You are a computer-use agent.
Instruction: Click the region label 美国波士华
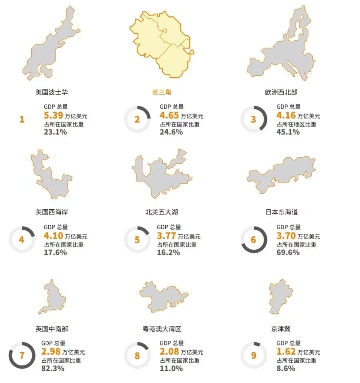click(52, 92)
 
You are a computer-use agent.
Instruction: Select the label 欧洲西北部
click(281, 92)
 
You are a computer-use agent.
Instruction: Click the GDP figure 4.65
click(169, 116)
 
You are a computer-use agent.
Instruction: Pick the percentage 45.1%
click(288, 132)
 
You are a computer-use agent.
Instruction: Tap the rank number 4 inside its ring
click(22, 240)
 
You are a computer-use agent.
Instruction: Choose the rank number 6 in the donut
click(253, 240)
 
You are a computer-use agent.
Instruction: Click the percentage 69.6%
click(288, 253)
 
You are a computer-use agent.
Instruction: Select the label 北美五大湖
click(162, 212)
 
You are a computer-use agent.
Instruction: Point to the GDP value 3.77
click(166, 236)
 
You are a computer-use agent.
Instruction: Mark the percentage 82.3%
click(53, 369)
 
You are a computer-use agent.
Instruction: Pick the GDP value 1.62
click(286, 352)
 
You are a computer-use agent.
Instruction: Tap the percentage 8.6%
click(286, 369)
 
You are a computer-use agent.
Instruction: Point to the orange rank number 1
click(22, 119)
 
